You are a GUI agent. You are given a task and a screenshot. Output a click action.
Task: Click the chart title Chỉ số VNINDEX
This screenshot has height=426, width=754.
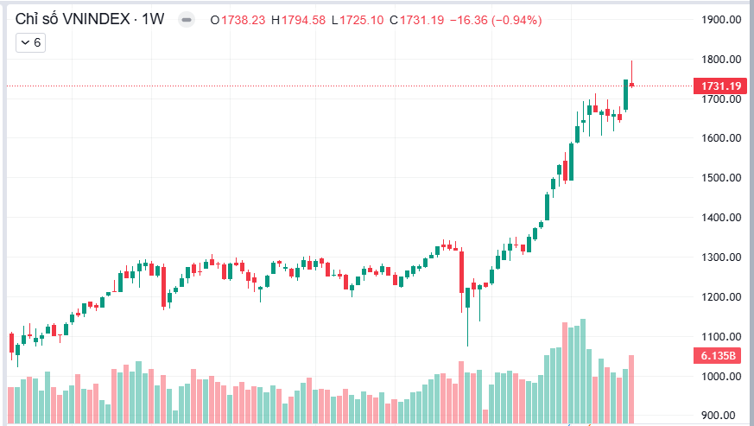[x=74, y=19]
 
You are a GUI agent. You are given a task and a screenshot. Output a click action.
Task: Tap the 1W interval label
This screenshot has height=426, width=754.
[x=154, y=19]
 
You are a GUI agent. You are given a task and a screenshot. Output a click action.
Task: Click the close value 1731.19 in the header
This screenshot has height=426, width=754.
[x=417, y=19]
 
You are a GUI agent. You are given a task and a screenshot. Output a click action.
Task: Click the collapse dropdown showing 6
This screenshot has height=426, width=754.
[x=31, y=42]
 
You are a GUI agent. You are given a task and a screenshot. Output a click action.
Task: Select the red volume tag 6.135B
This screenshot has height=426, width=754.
[x=718, y=356]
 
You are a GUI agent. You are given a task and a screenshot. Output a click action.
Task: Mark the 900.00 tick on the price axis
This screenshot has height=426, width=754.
[x=724, y=416]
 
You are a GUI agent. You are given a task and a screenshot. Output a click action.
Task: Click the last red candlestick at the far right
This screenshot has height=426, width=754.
[x=632, y=84]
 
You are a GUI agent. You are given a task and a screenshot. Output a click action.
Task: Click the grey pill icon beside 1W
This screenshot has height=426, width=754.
[x=187, y=19]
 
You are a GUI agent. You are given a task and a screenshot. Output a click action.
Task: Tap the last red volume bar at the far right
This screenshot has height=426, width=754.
[x=632, y=389]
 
